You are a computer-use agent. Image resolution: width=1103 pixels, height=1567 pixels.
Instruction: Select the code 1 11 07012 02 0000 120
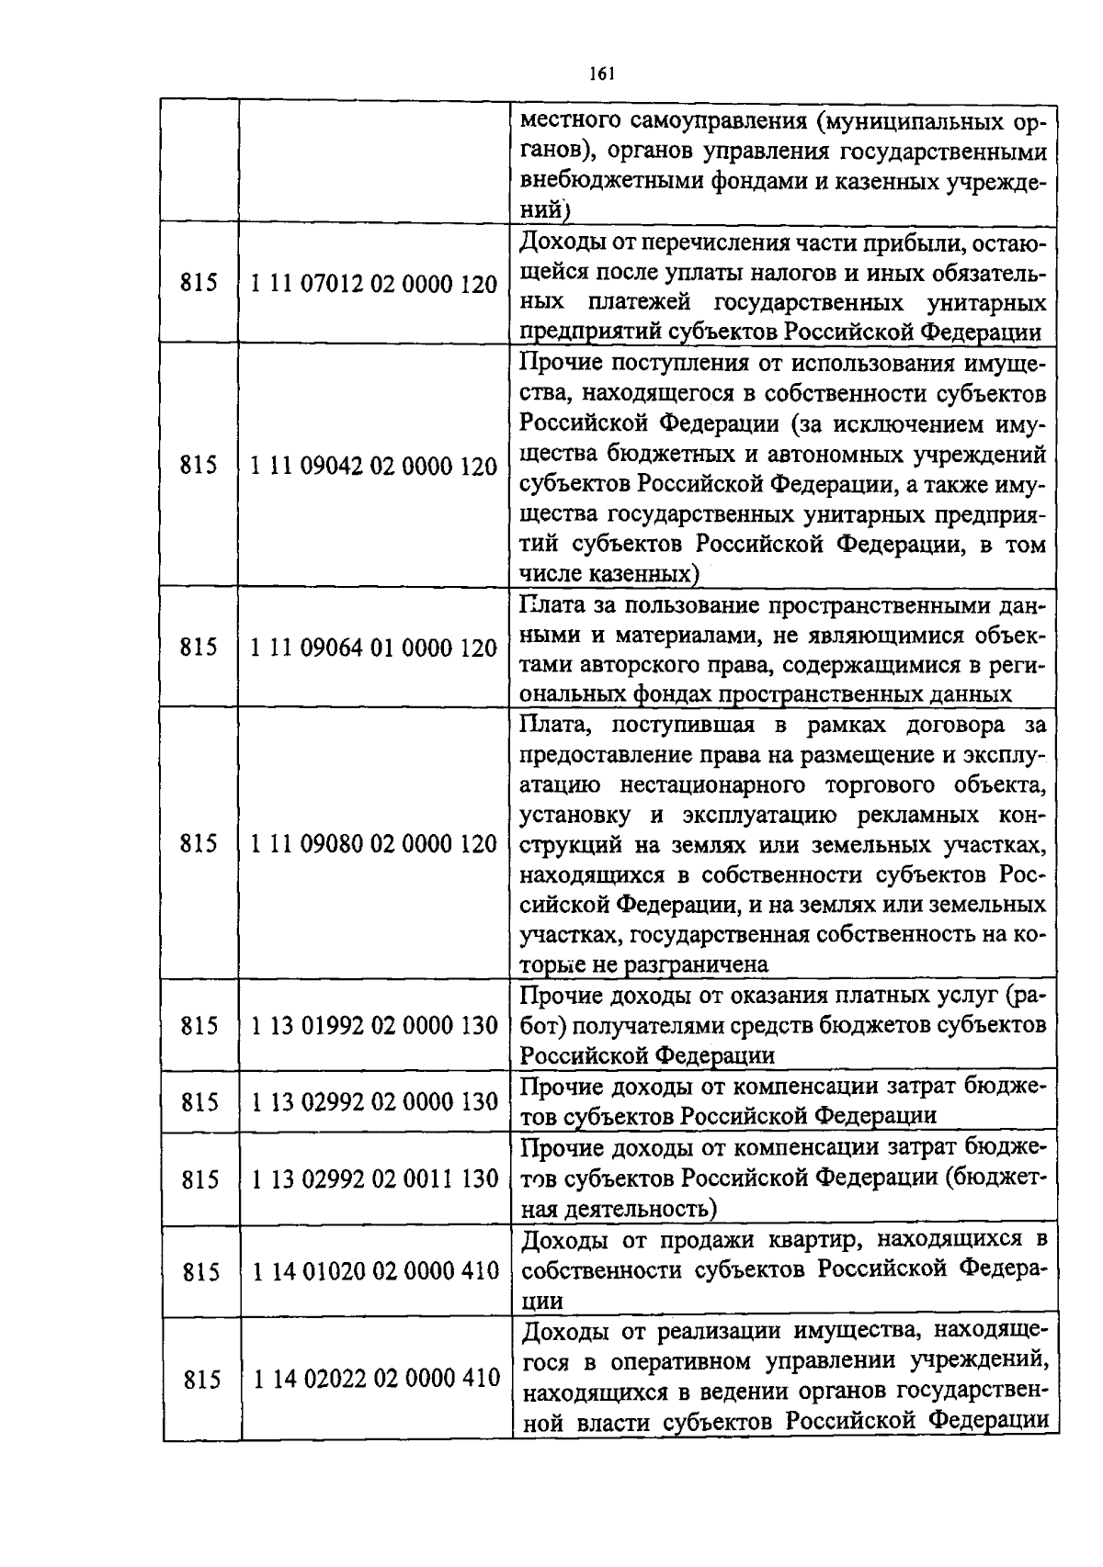(x=374, y=284)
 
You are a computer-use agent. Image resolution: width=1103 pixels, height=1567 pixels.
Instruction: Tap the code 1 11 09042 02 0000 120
(x=374, y=467)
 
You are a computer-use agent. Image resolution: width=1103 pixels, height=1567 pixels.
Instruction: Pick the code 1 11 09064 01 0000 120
(x=374, y=648)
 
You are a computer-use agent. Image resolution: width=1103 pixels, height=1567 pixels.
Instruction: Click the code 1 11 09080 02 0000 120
(x=374, y=843)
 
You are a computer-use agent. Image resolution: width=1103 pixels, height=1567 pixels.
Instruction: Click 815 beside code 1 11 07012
(x=199, y=284)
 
